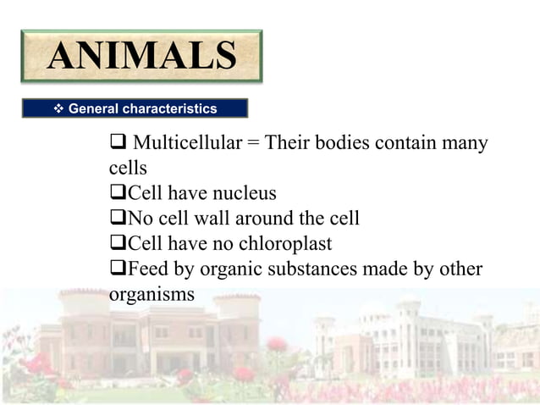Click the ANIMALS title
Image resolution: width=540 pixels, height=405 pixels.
[x=141, y=56]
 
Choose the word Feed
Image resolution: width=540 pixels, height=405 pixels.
[x=147, y=269]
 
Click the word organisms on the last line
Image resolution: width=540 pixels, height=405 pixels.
[x=152, y=295]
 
